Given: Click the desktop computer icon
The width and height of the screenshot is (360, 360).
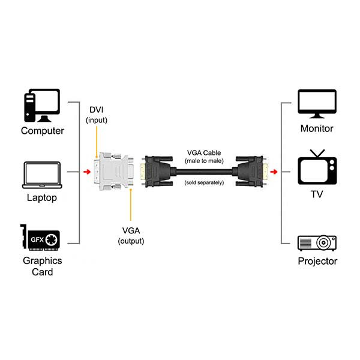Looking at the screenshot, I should click(x=42, y=106).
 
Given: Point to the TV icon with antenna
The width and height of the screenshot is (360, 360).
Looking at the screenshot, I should click(x=317, y=168).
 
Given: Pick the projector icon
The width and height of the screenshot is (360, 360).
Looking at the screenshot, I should click(x=317, y=242).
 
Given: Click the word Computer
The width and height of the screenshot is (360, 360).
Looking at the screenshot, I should click(x=42, y=131).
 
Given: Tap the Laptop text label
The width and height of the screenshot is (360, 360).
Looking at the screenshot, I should click(x=42, y=197).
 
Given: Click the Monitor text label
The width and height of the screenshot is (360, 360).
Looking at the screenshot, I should click(x=317, y=128).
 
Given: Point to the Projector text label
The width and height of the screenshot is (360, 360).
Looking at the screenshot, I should click(x=317, y=261).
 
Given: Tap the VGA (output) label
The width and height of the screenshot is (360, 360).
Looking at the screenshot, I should click(x=131, y=235).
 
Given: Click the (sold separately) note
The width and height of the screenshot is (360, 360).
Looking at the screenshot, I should click(x=204, y=182).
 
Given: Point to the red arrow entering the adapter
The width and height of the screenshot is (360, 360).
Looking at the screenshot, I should click(x=88, y=173).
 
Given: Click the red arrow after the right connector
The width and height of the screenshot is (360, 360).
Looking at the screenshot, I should click(x=274, y=173).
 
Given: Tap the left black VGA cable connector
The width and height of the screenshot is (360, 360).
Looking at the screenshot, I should click(x=157, y=172).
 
